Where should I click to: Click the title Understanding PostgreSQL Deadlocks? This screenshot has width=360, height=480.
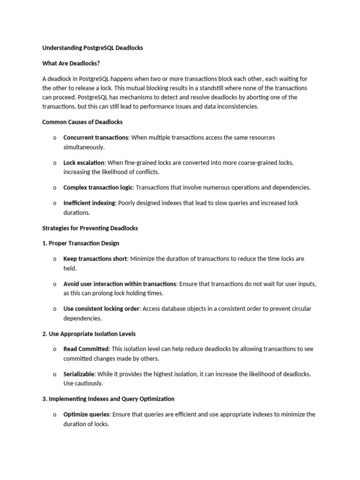92,48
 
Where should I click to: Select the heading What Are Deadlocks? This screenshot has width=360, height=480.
71,63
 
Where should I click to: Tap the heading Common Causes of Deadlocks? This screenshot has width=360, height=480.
82,122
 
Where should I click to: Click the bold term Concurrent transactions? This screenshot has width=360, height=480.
96,137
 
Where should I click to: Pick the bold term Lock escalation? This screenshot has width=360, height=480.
84,163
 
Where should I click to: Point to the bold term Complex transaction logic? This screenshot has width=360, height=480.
98,187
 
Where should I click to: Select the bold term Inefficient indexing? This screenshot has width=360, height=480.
89,203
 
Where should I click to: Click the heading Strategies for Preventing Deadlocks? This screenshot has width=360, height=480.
90,228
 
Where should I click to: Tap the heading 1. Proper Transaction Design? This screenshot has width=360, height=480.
81,243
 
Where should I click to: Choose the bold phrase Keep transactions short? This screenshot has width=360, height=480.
95,259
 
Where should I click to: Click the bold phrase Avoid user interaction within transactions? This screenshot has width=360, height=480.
120,284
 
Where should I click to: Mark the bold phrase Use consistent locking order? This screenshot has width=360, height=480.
102,309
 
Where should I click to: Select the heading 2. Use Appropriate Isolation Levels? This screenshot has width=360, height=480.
89,334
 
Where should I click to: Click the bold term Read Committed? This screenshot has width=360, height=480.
86,349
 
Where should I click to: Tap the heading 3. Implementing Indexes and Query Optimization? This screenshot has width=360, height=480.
108,399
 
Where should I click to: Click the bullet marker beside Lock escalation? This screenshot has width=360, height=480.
54,163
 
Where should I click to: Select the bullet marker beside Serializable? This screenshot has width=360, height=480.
54,375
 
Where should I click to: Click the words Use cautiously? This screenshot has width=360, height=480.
83,383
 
